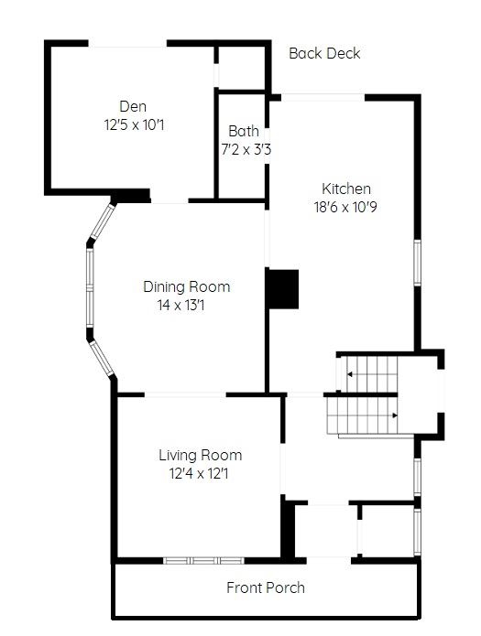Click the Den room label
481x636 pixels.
point(133,107)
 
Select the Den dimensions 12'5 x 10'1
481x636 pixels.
point(134,125)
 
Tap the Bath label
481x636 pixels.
point(244,131)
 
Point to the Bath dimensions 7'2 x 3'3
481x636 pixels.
point(246,150)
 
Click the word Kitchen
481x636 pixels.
point(346,189)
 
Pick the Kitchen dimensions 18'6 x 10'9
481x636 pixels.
point(345,207)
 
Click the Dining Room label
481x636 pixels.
point(187,286)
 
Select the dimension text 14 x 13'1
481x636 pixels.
point(180,305)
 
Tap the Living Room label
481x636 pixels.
point(201,455)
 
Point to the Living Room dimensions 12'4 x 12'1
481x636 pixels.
point(199,473)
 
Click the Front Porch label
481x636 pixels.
point(266,587)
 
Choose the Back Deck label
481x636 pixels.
point(324,53)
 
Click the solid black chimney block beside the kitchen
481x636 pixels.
point(282,288)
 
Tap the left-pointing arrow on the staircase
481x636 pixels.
point(350,374)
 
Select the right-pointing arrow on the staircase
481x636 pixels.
point(394,415)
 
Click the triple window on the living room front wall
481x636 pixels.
point(204,561)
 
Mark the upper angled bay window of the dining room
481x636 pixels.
point(103,221)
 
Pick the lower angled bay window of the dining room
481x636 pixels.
point(102,358)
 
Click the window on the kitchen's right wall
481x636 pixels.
point(417,263)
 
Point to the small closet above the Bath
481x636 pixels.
point(242,67)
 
